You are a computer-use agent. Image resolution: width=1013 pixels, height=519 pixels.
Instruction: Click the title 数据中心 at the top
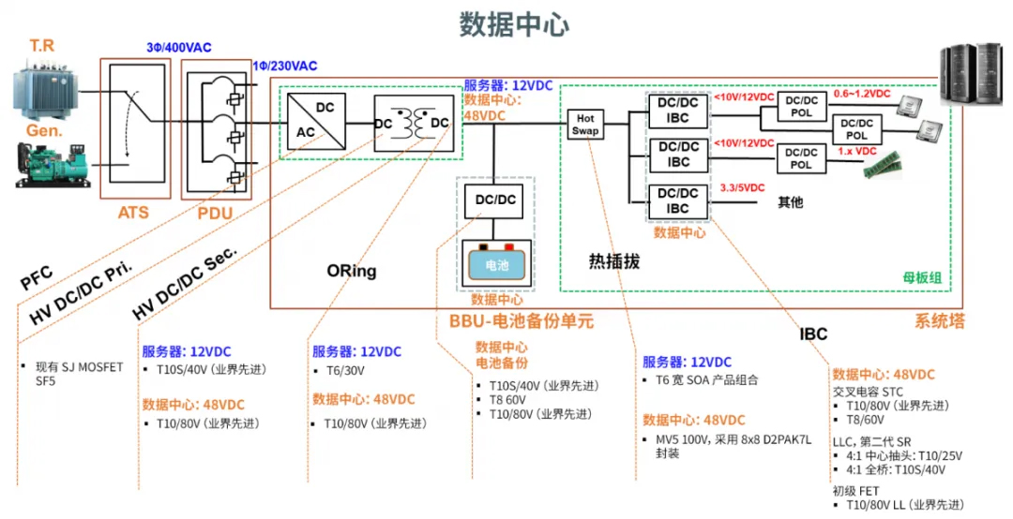514,24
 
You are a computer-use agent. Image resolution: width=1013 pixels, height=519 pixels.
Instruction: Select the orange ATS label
133,213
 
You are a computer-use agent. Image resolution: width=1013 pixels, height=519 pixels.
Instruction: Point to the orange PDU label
215,213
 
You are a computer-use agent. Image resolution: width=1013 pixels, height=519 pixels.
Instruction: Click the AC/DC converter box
316,121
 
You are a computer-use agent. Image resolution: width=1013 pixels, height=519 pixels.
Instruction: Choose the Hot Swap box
585,124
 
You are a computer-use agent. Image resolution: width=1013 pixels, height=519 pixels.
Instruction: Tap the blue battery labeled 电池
496,264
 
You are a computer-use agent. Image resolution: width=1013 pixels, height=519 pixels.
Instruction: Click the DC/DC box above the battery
495,200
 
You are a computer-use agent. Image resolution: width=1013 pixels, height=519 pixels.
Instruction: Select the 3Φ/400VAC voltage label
179,48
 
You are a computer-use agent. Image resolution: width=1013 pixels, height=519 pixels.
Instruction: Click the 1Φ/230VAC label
285,66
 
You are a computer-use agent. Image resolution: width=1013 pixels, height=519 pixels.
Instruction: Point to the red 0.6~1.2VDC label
862,94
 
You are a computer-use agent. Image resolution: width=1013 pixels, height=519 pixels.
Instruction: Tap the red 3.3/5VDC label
742,188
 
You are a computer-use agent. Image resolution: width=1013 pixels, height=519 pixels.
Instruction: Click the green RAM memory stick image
883,166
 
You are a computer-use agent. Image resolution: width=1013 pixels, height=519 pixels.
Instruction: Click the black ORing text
352,271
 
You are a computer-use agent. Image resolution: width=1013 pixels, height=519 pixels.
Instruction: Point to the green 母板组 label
922,278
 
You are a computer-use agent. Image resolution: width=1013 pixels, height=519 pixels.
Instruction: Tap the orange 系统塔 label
939,320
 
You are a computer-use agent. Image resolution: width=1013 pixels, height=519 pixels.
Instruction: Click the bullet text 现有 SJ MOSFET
79,367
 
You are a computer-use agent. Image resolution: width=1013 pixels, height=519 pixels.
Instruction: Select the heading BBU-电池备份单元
522,320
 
